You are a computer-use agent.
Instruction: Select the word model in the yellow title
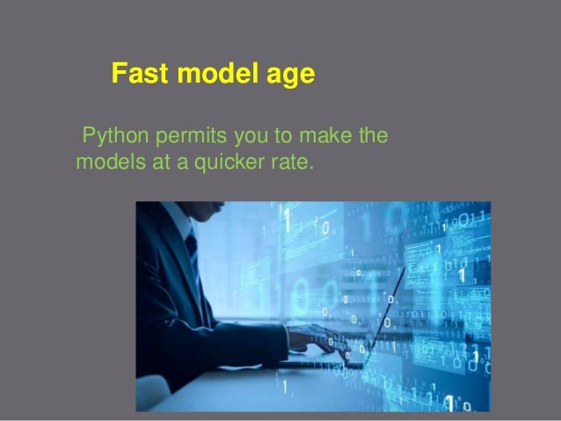click(209, 76)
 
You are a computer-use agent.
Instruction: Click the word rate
click(288, 162)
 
